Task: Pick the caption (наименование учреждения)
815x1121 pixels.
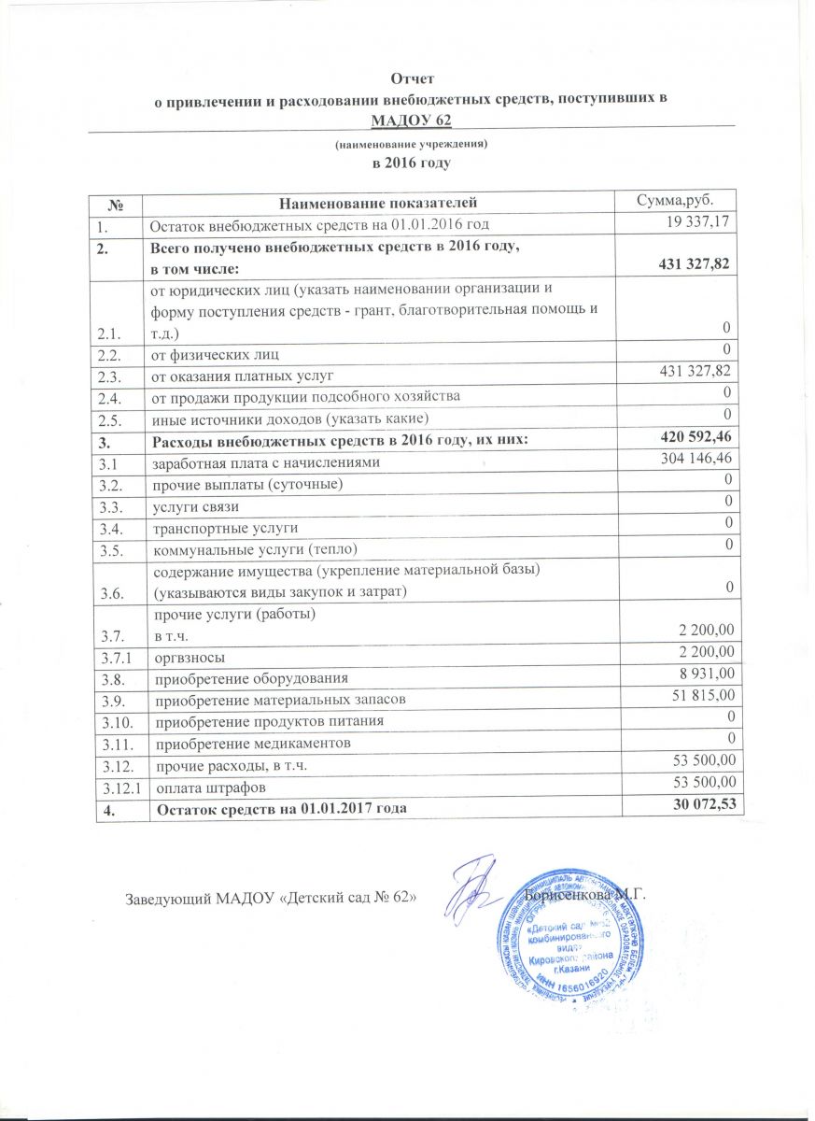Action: pos(412,145)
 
